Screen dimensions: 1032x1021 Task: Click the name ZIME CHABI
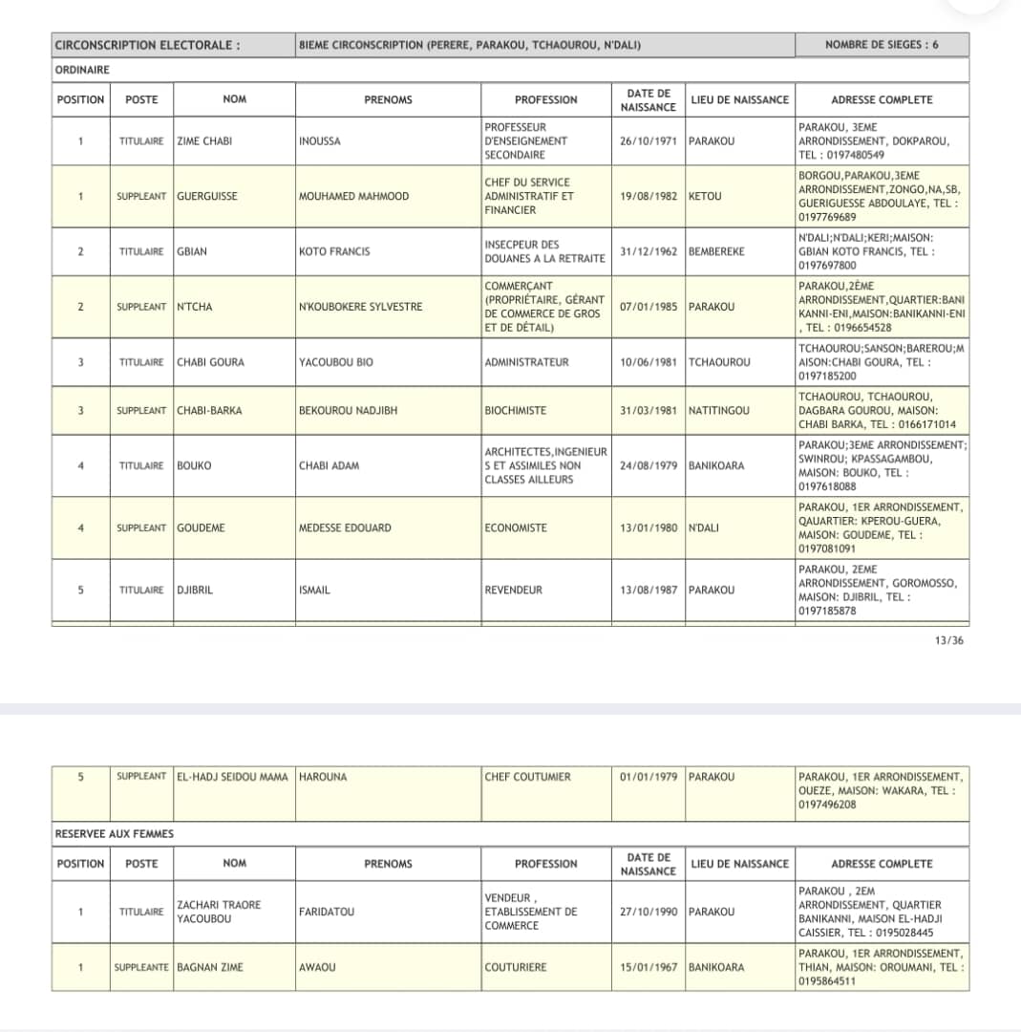(x=204, y=141)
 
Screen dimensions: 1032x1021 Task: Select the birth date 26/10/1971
(x=648, y=141)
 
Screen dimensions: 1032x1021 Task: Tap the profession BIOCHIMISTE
(x=516, y=411)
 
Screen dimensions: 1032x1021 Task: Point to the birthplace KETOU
(x=705, y=197)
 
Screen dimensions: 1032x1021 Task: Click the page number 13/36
(x=949, y=640)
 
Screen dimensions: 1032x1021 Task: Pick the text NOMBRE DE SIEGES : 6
(x=882, y=45)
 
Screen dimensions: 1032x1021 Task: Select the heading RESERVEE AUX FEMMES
(x=115, y=834)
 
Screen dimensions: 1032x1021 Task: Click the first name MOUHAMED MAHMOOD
(x=353, y=197)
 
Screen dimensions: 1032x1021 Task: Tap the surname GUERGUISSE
(x=207, y=197)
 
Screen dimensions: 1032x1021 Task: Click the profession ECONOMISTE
(x=516, y=528)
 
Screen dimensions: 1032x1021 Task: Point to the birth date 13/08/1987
(x=648, y=591)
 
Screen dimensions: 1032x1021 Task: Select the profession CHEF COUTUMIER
(x=527, y=777)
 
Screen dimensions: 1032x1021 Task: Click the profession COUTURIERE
(x=516, y=968)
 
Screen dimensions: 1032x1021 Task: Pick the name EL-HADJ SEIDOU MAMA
(x=232, y=777)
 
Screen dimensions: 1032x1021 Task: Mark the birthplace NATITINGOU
(x=719, y=411)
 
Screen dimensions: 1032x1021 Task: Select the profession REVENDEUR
(x=513, y=591)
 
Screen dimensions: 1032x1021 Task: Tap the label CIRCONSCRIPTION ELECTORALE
(x=147, y=45)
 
